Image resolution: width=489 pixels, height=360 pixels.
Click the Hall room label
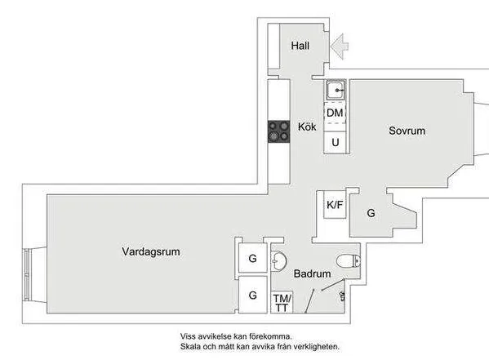[x=300, y=46]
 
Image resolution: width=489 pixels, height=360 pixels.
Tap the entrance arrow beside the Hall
[x=340, y=47]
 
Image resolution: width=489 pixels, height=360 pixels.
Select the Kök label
[x=307, y=127]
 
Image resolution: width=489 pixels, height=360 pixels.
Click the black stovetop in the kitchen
[x=279, y=131]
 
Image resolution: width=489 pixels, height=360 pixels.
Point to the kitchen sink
[x=336, y=90]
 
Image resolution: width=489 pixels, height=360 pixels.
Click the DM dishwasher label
[x=335, y=113]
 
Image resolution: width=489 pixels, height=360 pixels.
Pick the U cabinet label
[x=336, y=143]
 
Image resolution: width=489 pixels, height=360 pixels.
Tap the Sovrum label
[x=407, y=131]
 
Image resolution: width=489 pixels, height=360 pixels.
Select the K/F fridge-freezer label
[x=335, y=205]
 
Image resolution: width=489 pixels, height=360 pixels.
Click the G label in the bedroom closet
[x=371, y=213]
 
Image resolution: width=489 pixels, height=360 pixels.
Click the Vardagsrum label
[x=151, y=251]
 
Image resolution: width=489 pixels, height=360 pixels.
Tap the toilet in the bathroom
[x=349, y=260]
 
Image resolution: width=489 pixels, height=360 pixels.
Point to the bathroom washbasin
[x=278, y=260]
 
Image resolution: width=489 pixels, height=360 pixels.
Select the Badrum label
[x=312, y=273]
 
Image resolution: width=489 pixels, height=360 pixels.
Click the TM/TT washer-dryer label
[x=282, y=303]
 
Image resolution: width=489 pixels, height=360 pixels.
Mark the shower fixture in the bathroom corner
[x=342, y=296]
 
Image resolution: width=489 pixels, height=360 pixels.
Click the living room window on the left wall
[x=26, y=274]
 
